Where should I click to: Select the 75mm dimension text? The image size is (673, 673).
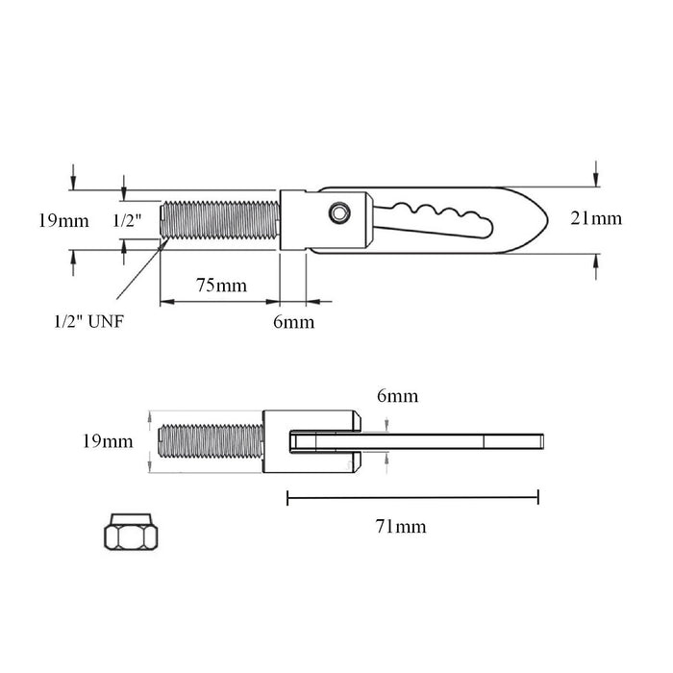(222, 286)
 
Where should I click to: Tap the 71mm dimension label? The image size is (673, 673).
(400, 526)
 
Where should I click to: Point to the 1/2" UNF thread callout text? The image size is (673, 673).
(87, 321)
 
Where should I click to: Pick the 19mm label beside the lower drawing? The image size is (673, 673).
(106, 442)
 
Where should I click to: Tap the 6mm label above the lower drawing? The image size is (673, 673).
(397, 395)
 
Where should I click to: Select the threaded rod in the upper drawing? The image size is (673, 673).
(220, 221)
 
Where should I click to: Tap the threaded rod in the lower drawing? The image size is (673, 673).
(211, 442)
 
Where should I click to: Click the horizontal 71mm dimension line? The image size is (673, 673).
(412, 497)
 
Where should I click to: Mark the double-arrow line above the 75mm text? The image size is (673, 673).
(220, 302)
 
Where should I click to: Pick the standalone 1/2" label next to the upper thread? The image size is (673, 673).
(128, 220)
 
